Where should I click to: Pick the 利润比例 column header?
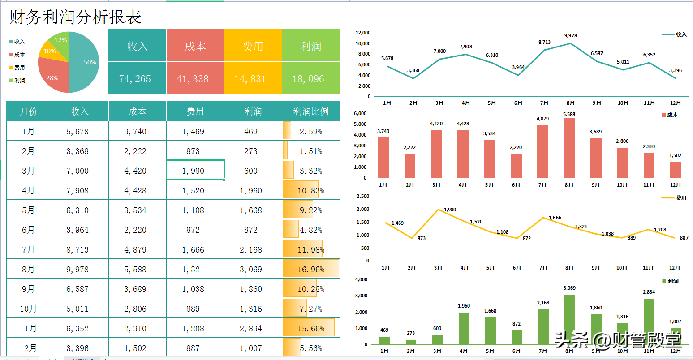click(x=310, y=111)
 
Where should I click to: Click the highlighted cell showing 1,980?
click(x=195, y=170)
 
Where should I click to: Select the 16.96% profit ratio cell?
click(x=311, y=269)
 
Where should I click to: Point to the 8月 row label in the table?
click(x=28, y=269)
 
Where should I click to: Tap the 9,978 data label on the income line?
click(x=571, y=35)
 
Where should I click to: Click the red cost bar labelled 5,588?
click(x=569, y=148)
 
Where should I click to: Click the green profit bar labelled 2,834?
click(x=649, y=321)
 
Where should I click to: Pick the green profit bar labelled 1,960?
click(x=464, y=329)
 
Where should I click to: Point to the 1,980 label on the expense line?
click(x=450, y=210)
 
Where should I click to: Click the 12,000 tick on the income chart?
click(x=363, y=33)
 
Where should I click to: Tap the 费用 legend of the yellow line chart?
click(x=674, y=197)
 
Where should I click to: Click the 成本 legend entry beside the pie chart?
click(x=17, y=55)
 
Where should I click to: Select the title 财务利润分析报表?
click(x=75, y=17)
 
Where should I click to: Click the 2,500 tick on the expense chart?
click(x=363, y=196)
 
